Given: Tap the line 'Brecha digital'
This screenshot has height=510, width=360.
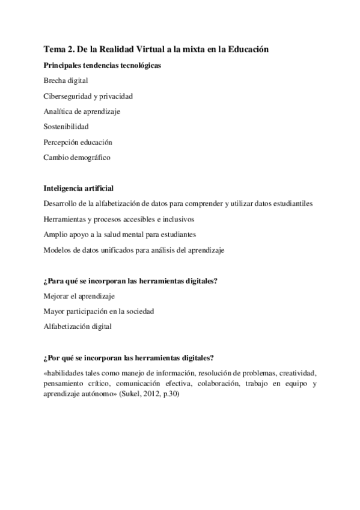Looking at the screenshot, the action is pos(66,80).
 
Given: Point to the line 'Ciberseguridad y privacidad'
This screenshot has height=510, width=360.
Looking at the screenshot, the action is pos(88,96).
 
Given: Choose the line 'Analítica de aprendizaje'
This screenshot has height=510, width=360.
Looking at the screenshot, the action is pos(81,111).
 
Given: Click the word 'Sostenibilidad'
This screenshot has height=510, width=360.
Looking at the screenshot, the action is pos(66,127).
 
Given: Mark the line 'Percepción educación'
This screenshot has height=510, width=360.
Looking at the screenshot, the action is pos(78,143).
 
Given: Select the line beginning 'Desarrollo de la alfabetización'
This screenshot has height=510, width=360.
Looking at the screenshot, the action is pos(178,204).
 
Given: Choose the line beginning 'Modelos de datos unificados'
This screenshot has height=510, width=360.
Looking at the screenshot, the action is pos(133,250).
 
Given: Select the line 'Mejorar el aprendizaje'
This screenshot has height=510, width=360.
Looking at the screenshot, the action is pos(79,296).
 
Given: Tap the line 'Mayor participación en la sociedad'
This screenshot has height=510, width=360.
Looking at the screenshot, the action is pos(99,312).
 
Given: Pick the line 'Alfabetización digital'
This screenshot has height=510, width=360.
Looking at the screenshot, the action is pos(78,327).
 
